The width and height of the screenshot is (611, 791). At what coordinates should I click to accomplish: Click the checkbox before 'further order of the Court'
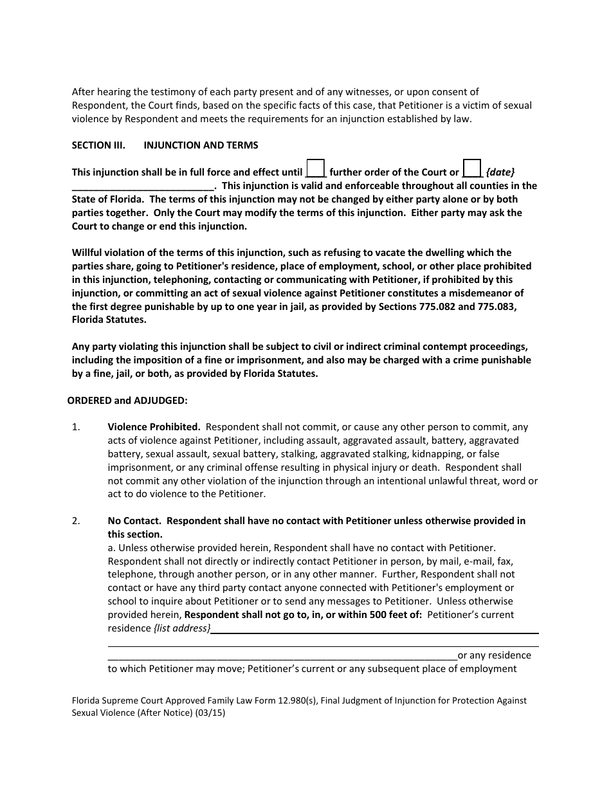tap(315, 168)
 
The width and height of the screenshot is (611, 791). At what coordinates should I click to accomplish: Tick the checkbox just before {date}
tap(472, 168)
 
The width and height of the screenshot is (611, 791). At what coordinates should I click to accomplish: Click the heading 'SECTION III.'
tap(98, 145)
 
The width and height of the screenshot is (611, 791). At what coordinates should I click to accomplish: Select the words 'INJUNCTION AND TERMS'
tap(201, 145)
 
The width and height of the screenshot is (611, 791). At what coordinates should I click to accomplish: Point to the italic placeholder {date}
tap(500, 172)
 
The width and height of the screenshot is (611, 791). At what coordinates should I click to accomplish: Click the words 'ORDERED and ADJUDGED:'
tap(127, 401)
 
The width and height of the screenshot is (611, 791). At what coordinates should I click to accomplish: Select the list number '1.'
tap(76, 427)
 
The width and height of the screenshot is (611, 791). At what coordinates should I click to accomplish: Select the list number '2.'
tap(76, 521)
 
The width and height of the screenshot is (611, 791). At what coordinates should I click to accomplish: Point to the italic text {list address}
tap(182, 628)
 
